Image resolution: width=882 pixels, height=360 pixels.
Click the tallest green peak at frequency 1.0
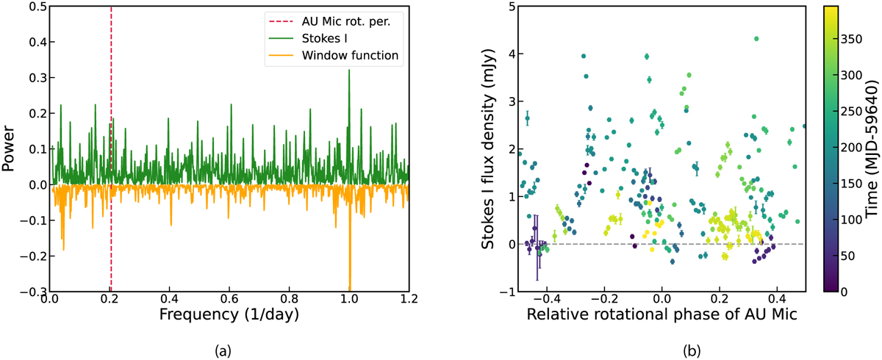pos(349,71)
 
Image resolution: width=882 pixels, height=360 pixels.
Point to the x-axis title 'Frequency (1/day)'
pos(230,318)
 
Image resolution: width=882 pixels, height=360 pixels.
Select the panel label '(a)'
pos(229,350)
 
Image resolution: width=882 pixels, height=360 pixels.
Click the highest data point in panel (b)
pos(756,39)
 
